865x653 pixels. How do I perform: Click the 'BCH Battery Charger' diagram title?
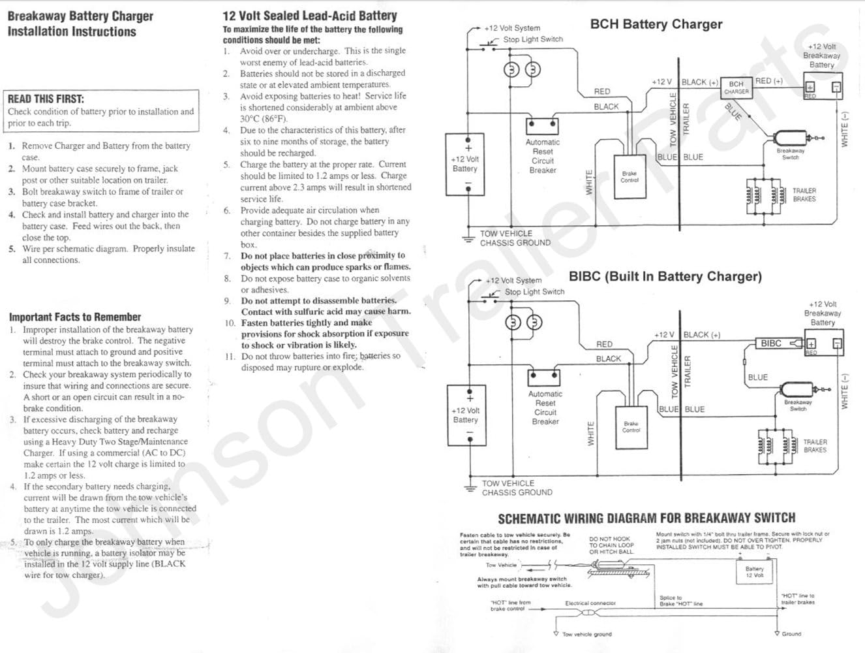(656, 25)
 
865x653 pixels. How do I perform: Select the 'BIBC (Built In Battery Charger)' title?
(665, 276)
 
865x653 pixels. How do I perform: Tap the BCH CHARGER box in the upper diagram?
(736, 88)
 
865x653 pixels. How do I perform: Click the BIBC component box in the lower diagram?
(771, 343)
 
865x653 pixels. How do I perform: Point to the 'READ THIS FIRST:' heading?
(46, 99)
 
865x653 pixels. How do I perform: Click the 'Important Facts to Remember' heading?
(75, 317)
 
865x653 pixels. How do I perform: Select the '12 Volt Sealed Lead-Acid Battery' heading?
(309, 16)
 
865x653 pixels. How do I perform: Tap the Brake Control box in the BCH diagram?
(630, 176)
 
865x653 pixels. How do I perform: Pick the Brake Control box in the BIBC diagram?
(631, 428)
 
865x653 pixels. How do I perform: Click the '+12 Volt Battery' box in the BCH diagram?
(465, 165)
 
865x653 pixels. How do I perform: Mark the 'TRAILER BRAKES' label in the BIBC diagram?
(815, 446)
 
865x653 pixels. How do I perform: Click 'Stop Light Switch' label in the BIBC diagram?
(534, 292)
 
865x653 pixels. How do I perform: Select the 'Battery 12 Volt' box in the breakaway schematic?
(754, 572)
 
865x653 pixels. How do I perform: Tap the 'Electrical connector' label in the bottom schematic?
(590, 603)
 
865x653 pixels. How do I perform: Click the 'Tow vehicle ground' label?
(587, 634)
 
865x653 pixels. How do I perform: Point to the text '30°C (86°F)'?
(263, 119)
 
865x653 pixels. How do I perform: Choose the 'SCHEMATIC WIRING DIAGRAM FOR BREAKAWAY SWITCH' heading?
(646, 518)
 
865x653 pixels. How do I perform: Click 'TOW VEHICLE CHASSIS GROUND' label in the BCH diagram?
(515, 238)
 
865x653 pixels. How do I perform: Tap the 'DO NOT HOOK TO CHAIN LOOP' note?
(611, 545)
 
